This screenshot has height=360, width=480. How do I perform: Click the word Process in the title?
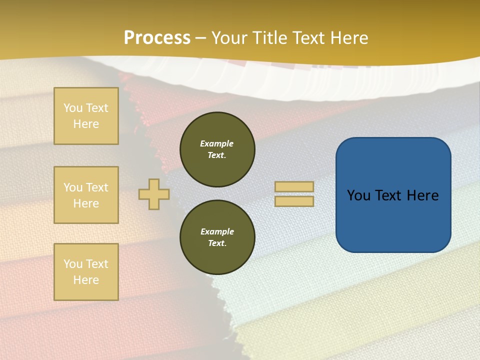click(x=157, y=38)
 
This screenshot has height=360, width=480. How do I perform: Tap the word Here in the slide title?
click(x=348, y=38)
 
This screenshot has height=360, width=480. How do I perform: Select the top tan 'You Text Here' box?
click(x=86, y=116)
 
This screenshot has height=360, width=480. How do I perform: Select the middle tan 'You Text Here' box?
click(x=86, y=195)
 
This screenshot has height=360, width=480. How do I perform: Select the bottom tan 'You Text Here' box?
click(x=86, y=272)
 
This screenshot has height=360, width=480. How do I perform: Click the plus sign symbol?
click(x=154, y=194)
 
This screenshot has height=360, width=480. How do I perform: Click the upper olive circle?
click(x=217, y=149)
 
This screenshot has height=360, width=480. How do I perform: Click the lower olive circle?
click(x=217, y=237)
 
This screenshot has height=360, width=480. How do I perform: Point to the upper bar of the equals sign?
click(x=294, y=187)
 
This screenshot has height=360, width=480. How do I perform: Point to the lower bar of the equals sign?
click(x=294, y=201)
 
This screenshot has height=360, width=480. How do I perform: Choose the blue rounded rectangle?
click(x=393, y=220)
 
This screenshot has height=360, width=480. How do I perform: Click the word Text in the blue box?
click(x=393, y=195)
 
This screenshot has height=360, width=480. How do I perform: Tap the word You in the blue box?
click(x=359, y=195)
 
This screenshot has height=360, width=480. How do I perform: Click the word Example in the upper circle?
click(x=216, y=143)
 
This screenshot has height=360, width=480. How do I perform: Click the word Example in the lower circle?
click(x=217, y=231)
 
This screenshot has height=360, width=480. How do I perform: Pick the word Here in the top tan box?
click(x=86, y=124)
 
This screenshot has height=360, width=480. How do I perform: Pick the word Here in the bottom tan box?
click(x=86, y=280)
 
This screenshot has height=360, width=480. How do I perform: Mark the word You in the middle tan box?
click(x=72, y=187)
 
